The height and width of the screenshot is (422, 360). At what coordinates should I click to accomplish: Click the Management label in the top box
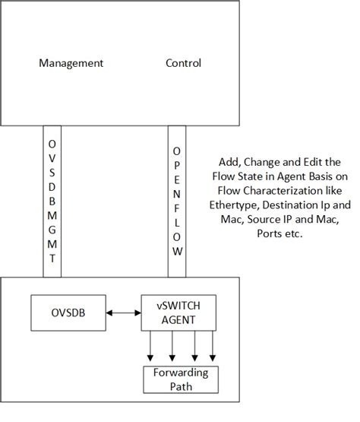click(71, 63)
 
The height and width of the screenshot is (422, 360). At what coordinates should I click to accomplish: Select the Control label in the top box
click(183, 63)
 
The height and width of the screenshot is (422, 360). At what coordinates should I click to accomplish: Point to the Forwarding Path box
click(180, 378)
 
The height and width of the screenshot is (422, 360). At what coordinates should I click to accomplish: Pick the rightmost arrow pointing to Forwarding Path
click(212, 347)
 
